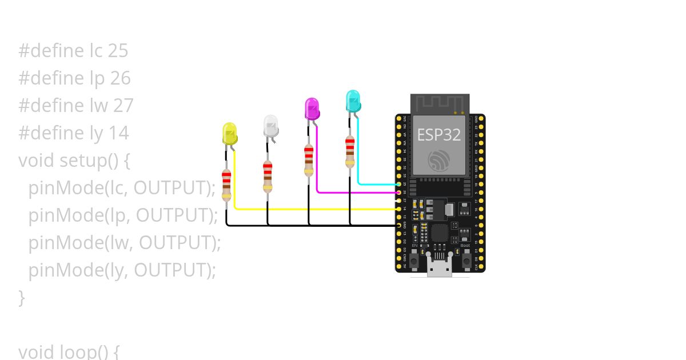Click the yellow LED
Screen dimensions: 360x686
[229, 133]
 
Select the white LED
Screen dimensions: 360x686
[270, 126]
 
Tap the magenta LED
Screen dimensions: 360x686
[312, 109]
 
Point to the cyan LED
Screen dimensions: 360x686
[353, 101]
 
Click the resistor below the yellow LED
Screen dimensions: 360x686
[226, 185]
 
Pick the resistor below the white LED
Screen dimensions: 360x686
[268, 177]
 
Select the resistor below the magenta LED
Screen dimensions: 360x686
[309, 160]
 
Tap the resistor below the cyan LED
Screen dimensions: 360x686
[350, 151]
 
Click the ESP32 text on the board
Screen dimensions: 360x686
[439, 135]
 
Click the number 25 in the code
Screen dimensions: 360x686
[118, 51]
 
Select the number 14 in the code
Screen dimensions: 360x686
[118, 133]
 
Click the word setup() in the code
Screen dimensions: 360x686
[89, 161]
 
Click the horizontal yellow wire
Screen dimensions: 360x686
[314, 209]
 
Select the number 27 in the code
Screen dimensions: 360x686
[122, 106]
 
